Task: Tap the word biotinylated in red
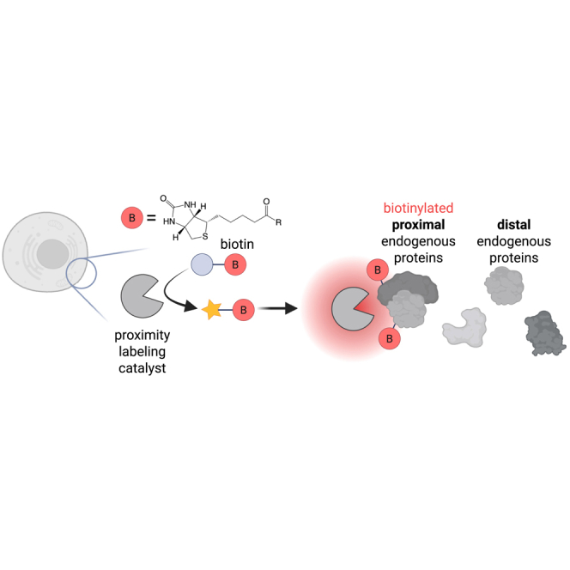[419, 209]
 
